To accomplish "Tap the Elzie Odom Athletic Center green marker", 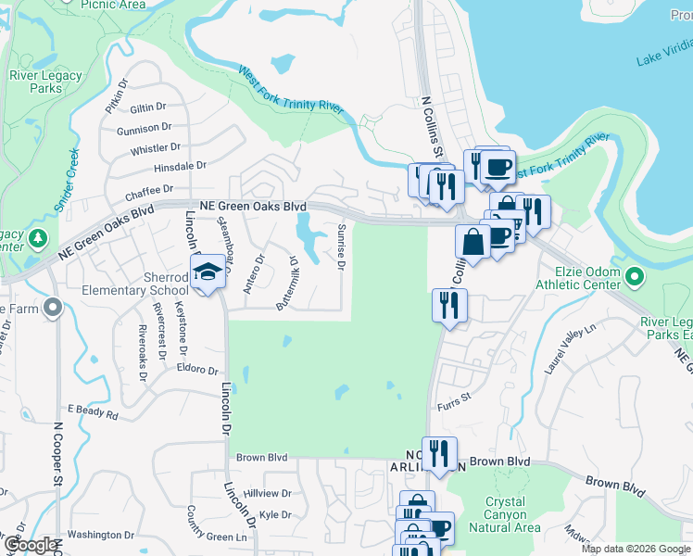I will point(634,276).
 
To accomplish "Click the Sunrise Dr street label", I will point(341,247).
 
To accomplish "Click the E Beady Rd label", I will point(93,409).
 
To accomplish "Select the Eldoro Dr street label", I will point(195,369).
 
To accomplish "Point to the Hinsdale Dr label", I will point(180,166).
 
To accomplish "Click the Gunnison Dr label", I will point(145,127).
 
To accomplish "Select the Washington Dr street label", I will point(101,535).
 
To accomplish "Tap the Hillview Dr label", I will point(268,494).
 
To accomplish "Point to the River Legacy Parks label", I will point(35,82).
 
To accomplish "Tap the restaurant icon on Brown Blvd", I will point(439,454).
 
